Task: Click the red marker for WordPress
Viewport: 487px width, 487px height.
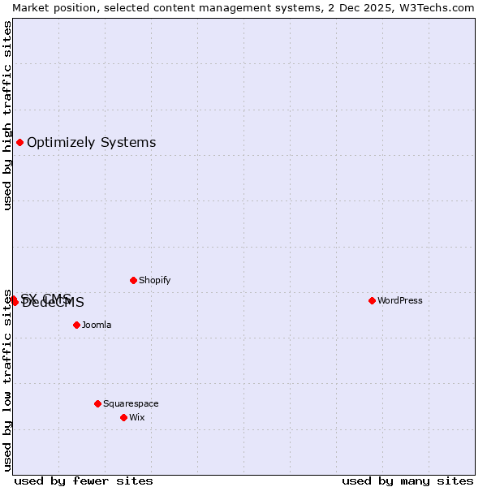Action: click(372, 300)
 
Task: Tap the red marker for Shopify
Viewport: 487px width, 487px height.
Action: click(133, 280)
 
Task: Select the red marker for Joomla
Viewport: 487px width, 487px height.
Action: click(76, 325)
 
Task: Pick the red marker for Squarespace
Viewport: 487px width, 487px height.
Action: click(97, 403)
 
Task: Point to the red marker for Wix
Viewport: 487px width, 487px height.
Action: click(123, 417)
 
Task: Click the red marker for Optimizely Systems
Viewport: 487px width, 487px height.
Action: click(19, 143)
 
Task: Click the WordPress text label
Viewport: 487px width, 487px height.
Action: click(400, 300)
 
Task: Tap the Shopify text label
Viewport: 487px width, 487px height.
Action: click(154, 280)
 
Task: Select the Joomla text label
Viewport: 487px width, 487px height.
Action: click(97, 325)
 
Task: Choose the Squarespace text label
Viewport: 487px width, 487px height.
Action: click(131, 403)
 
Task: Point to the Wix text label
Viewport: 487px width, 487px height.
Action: click(137, 417)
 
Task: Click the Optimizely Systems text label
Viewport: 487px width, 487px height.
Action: click(91, 143)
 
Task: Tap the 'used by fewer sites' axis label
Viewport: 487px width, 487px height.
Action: click(84, 481)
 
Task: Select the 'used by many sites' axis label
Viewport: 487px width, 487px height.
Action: click(407, 481)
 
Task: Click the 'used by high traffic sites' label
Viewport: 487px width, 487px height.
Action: click(7, 115)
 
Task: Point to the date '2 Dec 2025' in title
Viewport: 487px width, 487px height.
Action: click(361, 7)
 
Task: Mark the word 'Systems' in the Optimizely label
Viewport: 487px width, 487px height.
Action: click(128, 143)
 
